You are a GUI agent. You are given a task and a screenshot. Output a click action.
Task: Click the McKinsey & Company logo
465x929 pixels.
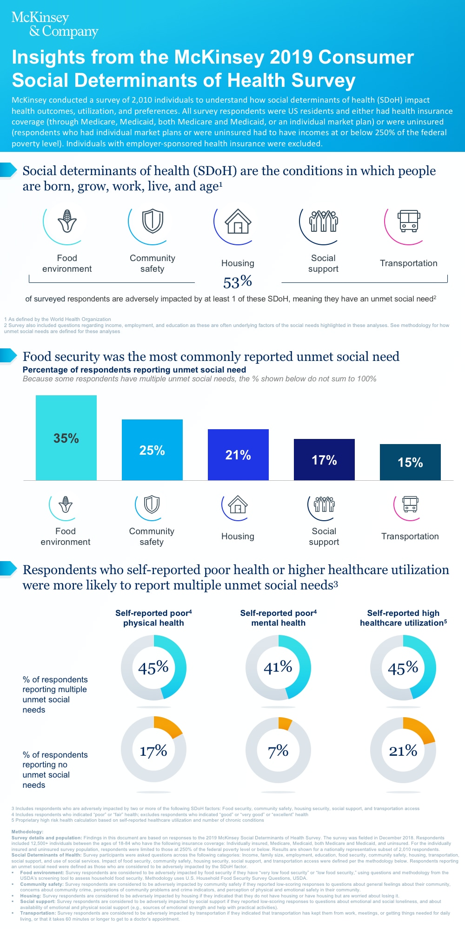pyautogui.click(x=54, y=24)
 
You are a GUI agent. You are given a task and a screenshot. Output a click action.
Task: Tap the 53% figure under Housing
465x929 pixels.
pyautogui.click(x=238, y=281)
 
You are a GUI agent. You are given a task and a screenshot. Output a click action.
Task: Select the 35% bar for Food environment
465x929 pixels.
pyautogui.click(x=66, y=438)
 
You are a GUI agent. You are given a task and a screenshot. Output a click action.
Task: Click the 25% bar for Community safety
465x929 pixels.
pyautogui.click(x=152, y=450)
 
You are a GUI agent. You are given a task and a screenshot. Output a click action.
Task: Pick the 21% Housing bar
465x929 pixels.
pyautogui.click(x=238, y=455)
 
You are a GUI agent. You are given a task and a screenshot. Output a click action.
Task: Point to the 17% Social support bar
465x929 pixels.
pyautogui.click(x=324, y=460)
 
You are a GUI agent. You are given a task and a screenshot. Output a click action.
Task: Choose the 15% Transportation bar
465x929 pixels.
pyautogui.click(x=410, y=462)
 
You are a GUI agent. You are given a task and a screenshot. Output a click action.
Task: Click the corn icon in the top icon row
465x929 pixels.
pyautogui.click(x=67, y=221)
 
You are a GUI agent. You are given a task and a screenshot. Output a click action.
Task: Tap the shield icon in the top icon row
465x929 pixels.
pyautogui.click(x=153, y=221)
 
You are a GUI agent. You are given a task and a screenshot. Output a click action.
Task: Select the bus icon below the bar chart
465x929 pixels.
pyautogui.click(x=410, y=504)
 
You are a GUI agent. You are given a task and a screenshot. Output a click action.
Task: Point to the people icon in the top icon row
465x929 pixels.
pyautogui.click(x=323, y=221)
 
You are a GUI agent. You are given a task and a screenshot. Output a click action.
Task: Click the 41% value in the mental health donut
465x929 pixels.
pyautogui.click(x=278, y=667)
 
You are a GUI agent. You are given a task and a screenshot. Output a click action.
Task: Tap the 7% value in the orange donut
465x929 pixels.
pyautogui.click(x=278, y=751)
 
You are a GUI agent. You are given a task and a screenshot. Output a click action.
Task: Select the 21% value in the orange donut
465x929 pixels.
pyautogui.click(x=403, y=751)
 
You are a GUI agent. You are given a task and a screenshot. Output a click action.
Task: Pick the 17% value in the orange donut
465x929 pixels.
pyautogui.click(x=153, y=751)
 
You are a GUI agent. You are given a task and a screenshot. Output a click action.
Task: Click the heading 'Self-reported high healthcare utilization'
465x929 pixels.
pyautogui.click(x=403, y=618)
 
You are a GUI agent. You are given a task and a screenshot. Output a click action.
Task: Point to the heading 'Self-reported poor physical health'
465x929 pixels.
pyautogui.click(x=153, y=618)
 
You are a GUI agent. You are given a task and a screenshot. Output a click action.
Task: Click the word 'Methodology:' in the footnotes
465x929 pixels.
pyautogui.click(x=27, y=832)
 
